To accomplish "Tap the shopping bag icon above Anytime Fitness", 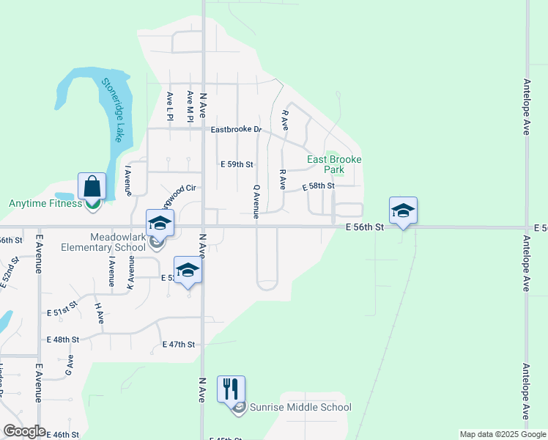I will pyautogui.click(x=92, y=186).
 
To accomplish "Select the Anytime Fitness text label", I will pyautogui.click(x=45, y=204).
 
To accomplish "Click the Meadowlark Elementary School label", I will pyautogui.click(x=119, y=242).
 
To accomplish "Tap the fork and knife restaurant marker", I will pyautogui.click(x=232, y=389).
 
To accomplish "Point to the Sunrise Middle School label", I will pyautogui.click(x=300, y=408).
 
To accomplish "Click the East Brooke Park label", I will pyautogui.click(x=335, y=164).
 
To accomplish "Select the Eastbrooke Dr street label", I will pyautogui.click(x=236, y=130).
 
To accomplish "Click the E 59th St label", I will pyautogui.click(x=237, y=165).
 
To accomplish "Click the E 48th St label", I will pyautogui.click(x=62, y=340).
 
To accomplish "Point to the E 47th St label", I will pyautogui.click(x=179, y=345).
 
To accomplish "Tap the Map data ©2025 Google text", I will pyautogui.click(x=503, y=434).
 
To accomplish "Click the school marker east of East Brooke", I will pyautogui.click(x=403, y=210).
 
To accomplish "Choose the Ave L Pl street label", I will pyautogui.click(x=169, y=106).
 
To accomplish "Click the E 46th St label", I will pyautogui.click(x=62, y=435).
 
